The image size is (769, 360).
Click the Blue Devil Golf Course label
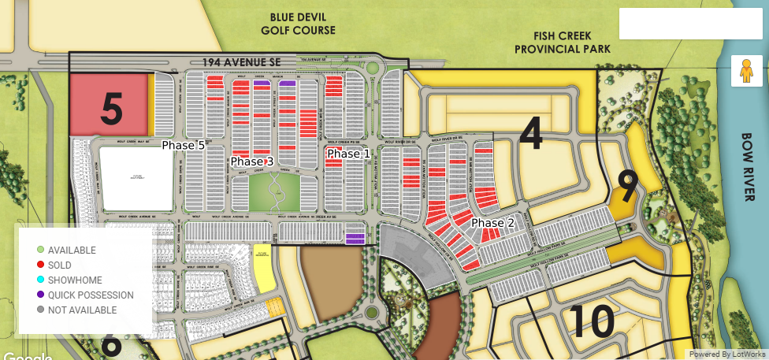tap(298, 24)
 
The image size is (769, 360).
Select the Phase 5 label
tap(183, 146)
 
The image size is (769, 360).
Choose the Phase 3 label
tap(251, 161)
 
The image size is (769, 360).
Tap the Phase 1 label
tap(348, 154)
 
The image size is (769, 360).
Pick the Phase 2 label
tap(492, 224)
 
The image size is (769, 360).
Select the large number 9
tap(627, 187)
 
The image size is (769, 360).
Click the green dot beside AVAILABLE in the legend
tap(40, 251)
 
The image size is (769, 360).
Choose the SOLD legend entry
tap(59, 265)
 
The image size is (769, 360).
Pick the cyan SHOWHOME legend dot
tap(40, 280)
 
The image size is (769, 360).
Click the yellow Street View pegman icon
tap(745, 71)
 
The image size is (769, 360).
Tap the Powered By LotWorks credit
tap(726, 354)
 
